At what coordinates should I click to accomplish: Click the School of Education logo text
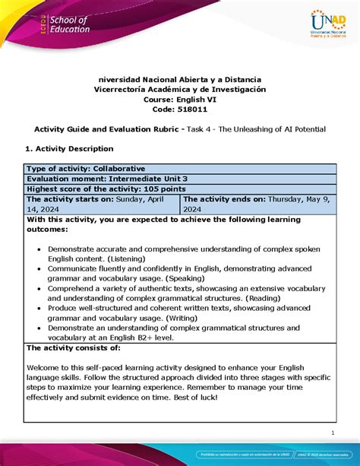pos(68,24)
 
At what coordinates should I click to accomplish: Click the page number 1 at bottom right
pos(333,433)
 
